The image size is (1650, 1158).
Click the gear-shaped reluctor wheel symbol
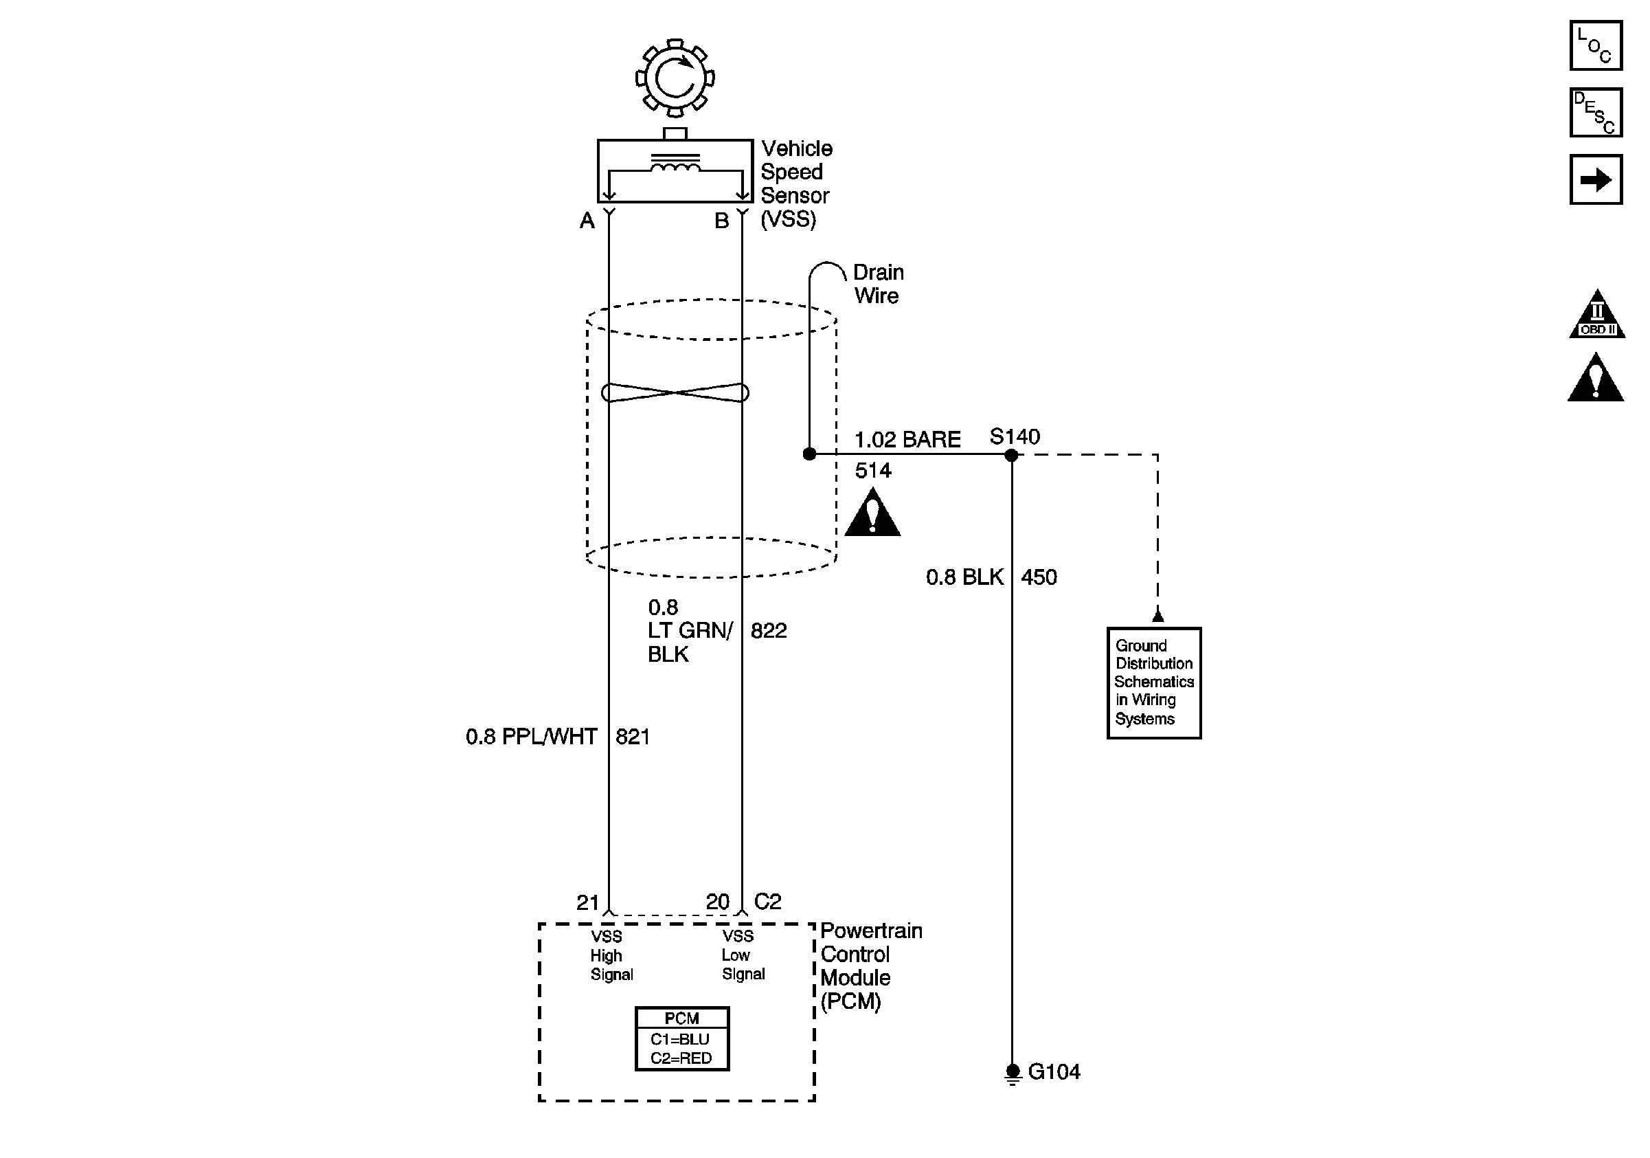pyautogui.click(x=675, y=78)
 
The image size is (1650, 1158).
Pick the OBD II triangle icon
pyautogui.click(x=1597, y=313)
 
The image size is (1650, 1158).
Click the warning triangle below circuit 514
pyautogui.click(x=872, y=512)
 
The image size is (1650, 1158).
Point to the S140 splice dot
pyautogui.click(x=1011, y=454)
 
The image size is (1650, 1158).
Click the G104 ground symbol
pyautogui.click(x=1013, y=1074)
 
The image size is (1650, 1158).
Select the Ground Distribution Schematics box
pyautogui.click(x=1154, y=683)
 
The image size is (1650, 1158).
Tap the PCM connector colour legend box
pyautogui.click(x=682, y=1038)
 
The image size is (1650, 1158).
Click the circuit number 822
pyautogui.click(x=769, y=630)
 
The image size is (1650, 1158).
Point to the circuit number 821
pyautogui.click(x=633, y=737)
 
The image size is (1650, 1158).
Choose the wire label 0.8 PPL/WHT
pyautogui.click(x=532, y=737)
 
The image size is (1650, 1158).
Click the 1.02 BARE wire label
pyautogui.click(x=907, y=439)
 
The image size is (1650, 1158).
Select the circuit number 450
pyautogui.click(x=1039, y=577)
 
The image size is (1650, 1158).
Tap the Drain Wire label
pyautogui.click(x=878, y=284)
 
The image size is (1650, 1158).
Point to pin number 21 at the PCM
pyautogui.click(x=588, y=902)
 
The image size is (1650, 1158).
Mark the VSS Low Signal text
pyautogui.click(x=743, y=955)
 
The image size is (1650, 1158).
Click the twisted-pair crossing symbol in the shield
pyautogui.click(x=675, y=392)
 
